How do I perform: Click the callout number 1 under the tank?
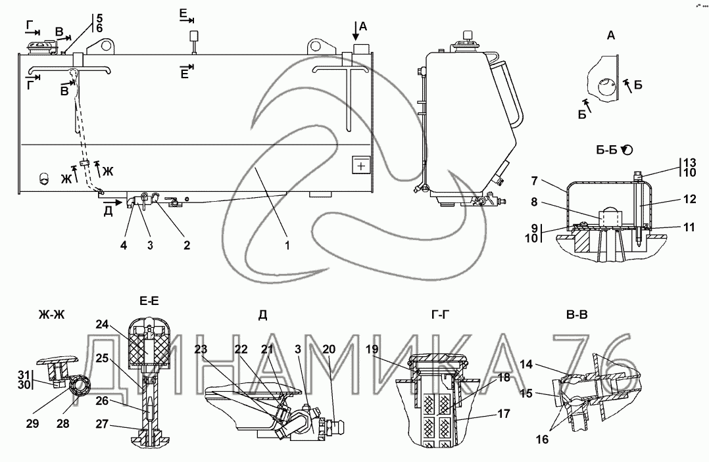click(x=287, y=245)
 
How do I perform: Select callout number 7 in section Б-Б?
click(x=535, y=181)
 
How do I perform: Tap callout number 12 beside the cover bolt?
click(x=689, y=198)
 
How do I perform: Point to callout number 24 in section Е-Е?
click(x=103, y=324)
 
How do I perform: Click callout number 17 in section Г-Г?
click(x=504, y=413)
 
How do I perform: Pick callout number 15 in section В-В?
click(x=526, y=394)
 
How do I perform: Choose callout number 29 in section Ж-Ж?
click(x=33, y=424)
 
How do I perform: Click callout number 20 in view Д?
click(x=329, y=349)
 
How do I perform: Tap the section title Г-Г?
click(x=441, y=315)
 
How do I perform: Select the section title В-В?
click(x=577, y=315)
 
